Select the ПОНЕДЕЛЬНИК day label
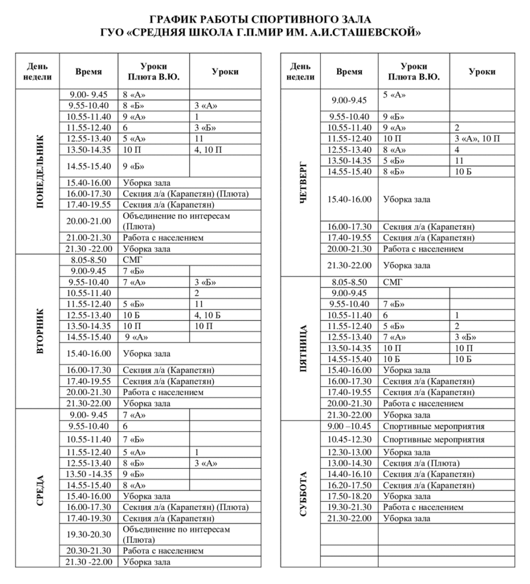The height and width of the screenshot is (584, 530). [x=39, y=171]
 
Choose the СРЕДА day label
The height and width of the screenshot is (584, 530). [x=39, y=488]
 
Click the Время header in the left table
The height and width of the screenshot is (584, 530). [x=88, y=72]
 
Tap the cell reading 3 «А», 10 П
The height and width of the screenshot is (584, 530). [x=477, y=139]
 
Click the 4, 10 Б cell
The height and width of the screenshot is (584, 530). [x=208, y=315]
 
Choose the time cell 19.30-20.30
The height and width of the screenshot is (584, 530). [x=88, y=534]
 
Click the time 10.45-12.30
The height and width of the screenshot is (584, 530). [x=349, y=440]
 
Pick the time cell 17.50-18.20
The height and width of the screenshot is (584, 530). [x=349, y=496]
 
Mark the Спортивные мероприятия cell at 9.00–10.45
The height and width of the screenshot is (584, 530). [x=434, y=427]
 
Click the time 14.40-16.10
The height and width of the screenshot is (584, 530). [x=349, y=474]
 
